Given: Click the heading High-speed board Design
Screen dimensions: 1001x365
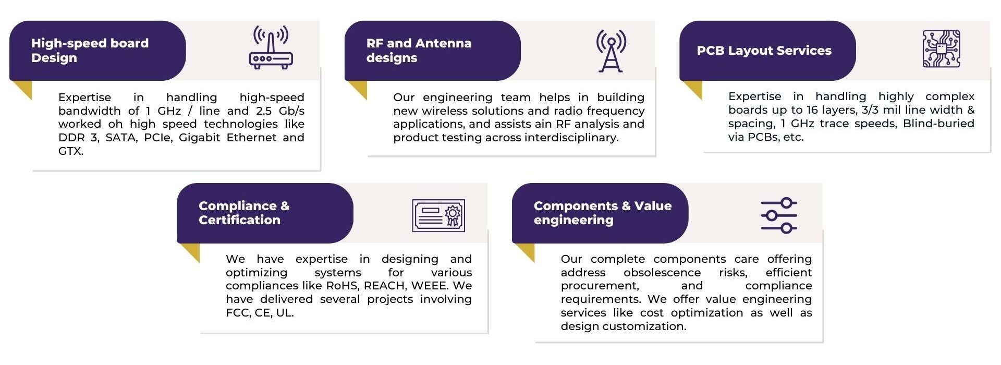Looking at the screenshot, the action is point(90,51).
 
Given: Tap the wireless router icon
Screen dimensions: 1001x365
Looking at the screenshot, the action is point(271,47).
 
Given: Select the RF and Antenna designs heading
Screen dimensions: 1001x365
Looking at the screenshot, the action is point(419,51).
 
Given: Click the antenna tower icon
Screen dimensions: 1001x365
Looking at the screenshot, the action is point(611,51).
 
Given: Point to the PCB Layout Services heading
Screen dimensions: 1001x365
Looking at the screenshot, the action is point(764,51).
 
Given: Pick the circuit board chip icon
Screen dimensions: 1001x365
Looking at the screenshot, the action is point(941,49).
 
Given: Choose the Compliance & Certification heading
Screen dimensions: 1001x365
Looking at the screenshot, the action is point(244,213).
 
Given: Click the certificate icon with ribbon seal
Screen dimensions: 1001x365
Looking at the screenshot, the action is point(438,215).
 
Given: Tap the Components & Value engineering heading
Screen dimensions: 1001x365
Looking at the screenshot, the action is point(602,213).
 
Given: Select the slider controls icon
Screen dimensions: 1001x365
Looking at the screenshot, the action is point(779,215).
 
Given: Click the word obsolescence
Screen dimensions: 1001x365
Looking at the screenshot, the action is point(662,273).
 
